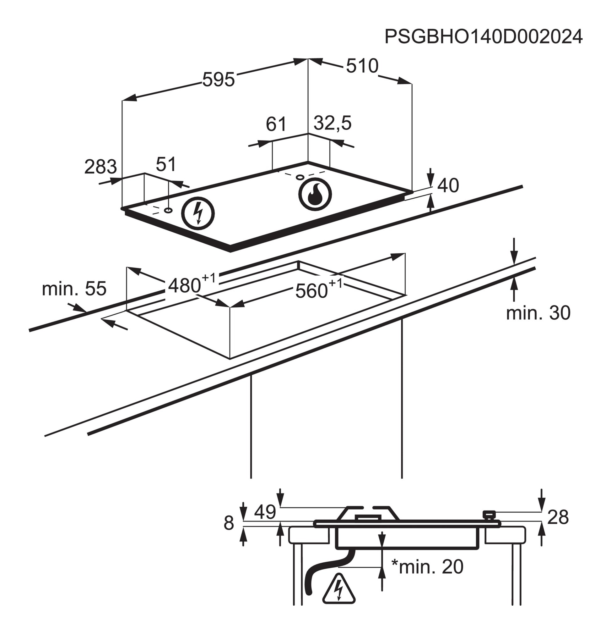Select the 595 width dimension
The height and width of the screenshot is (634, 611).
pos(219,80)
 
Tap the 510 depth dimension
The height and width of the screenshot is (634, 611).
pos(362,66)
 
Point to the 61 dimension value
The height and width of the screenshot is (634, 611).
pos(276,124)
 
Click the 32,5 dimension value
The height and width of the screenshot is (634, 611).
pos(333,123)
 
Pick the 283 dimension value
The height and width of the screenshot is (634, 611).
pos(100,167)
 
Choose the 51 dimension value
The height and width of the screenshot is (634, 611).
pos(166,164)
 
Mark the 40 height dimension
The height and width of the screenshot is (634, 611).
pos(448,186)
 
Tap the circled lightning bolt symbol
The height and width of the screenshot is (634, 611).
pos(198,213)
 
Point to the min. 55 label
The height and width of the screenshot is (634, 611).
pos(74,289)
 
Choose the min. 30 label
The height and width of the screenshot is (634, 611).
pos(538,313)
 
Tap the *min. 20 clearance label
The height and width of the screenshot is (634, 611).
pos(427,566)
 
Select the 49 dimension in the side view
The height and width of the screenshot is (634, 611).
pos(265,512)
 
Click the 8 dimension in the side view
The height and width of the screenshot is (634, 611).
pos(229,523)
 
